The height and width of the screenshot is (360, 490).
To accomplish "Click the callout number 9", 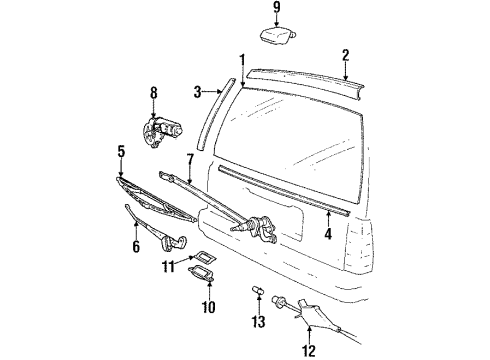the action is click(277, 8).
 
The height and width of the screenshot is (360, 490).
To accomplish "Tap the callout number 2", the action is click(346, 55).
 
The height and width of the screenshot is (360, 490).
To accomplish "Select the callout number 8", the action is click(153, 93).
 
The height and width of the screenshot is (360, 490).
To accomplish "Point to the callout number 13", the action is click(258, 321).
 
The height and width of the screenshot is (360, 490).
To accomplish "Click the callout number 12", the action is click(309, 351).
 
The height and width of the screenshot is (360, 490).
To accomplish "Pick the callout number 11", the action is click(169, 266).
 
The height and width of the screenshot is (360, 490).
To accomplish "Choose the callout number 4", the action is click(328, 234).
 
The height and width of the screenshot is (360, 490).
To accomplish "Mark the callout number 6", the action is click(136, 247).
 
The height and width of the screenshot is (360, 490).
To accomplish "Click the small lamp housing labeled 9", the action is click(278, 36).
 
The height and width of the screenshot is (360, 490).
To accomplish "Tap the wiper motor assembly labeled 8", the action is click(162, 131).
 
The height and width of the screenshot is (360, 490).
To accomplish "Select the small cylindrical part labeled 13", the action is click(258, 290).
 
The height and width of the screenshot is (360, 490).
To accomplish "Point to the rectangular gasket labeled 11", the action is click(204, 257).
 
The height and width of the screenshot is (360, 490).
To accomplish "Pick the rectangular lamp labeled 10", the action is click(202, 272).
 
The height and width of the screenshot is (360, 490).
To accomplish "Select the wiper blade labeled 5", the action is click(157, 200).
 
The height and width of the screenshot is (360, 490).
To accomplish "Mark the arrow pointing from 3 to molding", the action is click(212, 91).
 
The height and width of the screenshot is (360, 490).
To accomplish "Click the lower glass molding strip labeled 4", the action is click(283, 191).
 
